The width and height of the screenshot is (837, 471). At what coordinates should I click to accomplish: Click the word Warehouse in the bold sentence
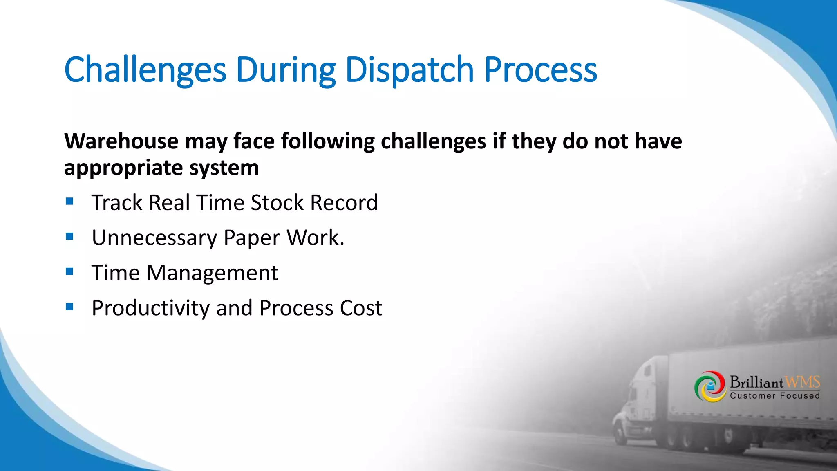click(121, 141)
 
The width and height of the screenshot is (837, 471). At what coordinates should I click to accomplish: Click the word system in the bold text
click(224, 168)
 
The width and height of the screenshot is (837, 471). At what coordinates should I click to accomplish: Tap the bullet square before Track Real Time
click(69, 201)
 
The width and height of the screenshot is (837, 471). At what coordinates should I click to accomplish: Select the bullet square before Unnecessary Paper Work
click(69, 236)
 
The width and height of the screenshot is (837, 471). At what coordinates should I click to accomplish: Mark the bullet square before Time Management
click(69, 271)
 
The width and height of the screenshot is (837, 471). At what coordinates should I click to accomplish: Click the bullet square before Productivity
click(69, 307)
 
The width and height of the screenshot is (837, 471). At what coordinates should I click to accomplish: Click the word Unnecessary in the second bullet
click(154, 238)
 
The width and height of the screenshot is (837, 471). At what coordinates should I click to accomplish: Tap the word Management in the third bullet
click(212, 273)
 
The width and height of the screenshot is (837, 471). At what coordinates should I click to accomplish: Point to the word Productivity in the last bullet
click(150, 308)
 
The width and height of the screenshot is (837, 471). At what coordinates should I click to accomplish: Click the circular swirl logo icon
click(710, 386)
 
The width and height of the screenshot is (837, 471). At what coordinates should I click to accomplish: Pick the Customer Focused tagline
click(775, 396)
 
